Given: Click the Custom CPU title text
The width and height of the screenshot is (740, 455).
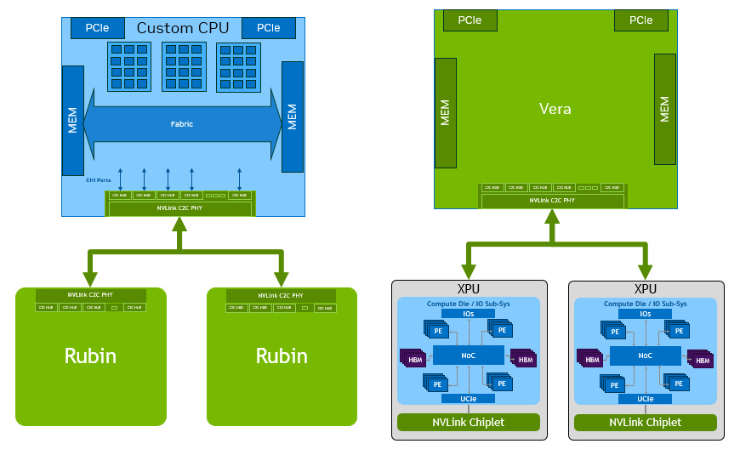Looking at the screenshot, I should click(x=182, y=28).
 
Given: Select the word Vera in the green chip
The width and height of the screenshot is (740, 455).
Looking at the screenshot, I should click(x=555, y=109).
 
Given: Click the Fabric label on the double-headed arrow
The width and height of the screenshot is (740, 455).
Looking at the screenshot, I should click(x=182, y=124).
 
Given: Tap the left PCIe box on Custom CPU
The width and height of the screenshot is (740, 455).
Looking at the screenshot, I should click(x=96, y=28).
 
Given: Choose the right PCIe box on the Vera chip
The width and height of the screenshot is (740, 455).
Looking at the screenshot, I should click(x=641, y=20).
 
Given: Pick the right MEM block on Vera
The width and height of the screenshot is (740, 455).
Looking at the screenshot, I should click(x=665, y=110).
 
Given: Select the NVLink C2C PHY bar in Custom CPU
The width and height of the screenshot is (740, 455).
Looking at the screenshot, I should click(x=179, y=208).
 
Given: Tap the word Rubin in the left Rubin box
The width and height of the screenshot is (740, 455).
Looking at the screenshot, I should click(x=90, y=355).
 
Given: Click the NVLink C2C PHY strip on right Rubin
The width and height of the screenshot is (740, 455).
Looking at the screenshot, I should click(x=282, y=294).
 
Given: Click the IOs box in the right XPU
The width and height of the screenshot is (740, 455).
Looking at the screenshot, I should click(x=646, y=314).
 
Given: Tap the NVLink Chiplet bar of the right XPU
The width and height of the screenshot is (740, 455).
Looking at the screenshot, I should click(x=646, y=423).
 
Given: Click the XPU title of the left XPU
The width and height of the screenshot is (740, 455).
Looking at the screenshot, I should click(x=469, y=289).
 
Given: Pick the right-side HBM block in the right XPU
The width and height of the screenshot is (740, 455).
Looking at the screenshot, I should click(x=702, y=359).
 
